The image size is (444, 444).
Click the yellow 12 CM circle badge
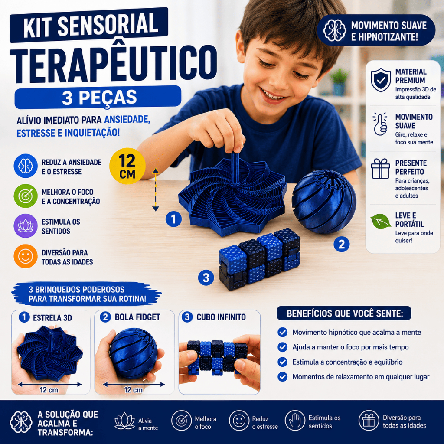pyautogui.click(x=127, y=166)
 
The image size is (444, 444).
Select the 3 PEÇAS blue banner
pyautogui.click(x=98, y=98)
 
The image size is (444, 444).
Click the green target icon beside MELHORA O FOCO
pyautogui.click(x=26, y=196)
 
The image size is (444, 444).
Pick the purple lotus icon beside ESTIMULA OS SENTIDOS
pyautogui.click(x=26, y=226)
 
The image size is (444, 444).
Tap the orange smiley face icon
pyautogui.click(x=26, y=256)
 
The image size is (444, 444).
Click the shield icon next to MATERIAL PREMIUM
pyautogui.click(x=381, y=80)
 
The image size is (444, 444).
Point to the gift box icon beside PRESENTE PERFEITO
pyautogui.click(x=380, y=169)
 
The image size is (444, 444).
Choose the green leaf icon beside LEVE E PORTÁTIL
pyautogui.click(x=381, y=221)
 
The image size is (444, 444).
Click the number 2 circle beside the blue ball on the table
pyautogui.click(x=342, y=244)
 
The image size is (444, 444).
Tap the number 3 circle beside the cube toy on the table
pyautogui.click(x=206, y=277)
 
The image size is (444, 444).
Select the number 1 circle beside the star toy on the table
pyautogui.click(x=173, y=219)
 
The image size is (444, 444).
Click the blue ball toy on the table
pyautogui.click(x=324, y=201)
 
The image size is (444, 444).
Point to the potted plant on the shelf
pyautogui.click(x=339, y=82)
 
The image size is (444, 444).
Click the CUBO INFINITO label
pyautogui.click(x=221, y=317)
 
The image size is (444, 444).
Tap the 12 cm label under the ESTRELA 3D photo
pyautogui.click(x=49, y=390)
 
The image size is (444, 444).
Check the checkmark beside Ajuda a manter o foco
pyautogui.click(x=282, y=347)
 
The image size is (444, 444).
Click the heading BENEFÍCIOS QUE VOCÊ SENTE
pyautogui.click(x=344, y=313)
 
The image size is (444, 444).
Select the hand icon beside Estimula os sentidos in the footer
pyautogui.click(x=295, y=421)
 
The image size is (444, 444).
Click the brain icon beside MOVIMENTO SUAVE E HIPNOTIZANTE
pyautogui.click(x=335, y=30)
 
